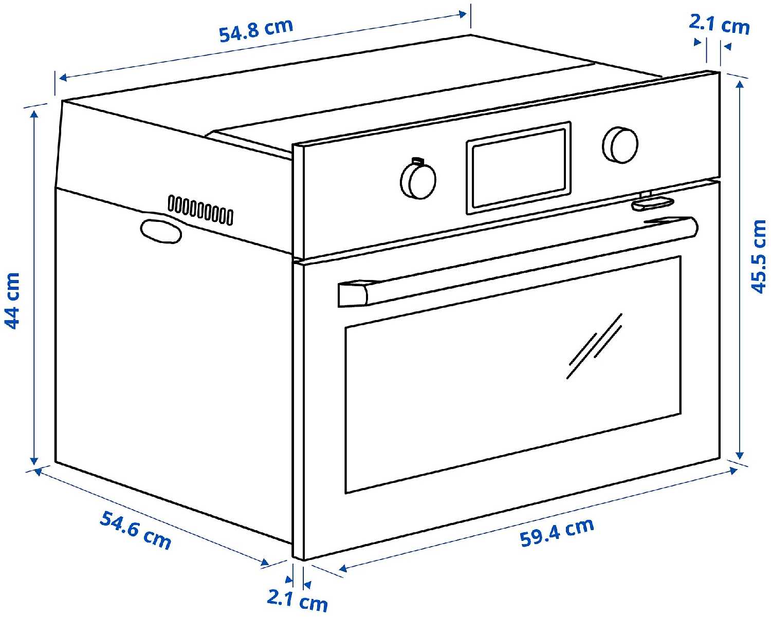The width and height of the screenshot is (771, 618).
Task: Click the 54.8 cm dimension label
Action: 255,31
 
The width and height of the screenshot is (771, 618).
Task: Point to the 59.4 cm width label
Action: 557,532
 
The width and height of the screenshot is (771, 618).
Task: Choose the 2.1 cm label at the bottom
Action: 297,600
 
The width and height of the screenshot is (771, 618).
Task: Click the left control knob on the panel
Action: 418,180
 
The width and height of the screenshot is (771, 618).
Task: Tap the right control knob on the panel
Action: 620,144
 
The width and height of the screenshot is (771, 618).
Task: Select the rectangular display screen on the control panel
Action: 519,168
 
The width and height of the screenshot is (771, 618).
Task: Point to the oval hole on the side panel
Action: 160,231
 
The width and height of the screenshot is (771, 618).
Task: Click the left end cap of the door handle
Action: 353,294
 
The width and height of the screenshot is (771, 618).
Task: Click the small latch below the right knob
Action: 653,202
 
